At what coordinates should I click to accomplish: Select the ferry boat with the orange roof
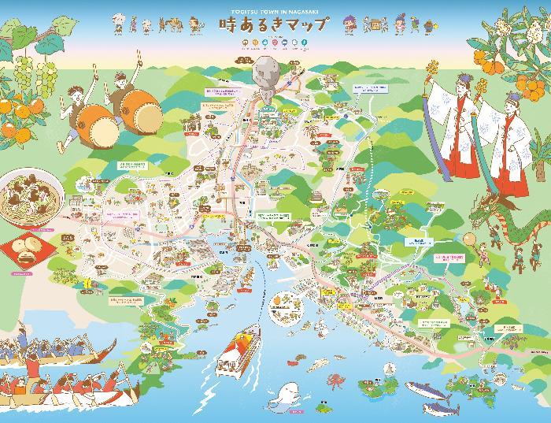pos(239,353)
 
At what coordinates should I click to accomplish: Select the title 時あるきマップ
pos(275,26)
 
